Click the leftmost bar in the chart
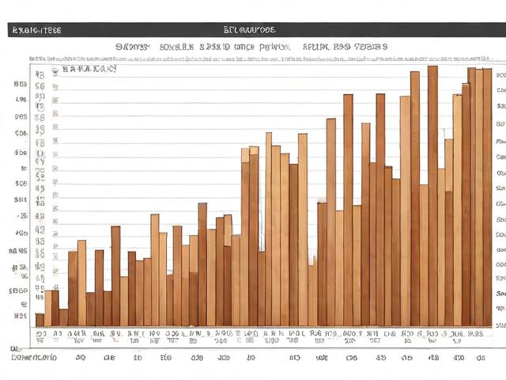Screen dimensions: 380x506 40,320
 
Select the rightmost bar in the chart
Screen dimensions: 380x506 488,198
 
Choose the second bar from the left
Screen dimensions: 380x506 47,309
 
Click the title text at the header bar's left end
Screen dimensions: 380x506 36,30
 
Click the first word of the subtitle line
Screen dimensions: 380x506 132,47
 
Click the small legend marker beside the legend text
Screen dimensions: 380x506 55,70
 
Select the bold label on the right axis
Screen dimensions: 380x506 500,294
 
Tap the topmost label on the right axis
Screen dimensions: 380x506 500,88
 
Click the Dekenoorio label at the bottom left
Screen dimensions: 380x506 34,358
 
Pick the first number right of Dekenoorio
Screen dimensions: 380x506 80,358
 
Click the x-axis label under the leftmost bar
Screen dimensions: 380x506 40,335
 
